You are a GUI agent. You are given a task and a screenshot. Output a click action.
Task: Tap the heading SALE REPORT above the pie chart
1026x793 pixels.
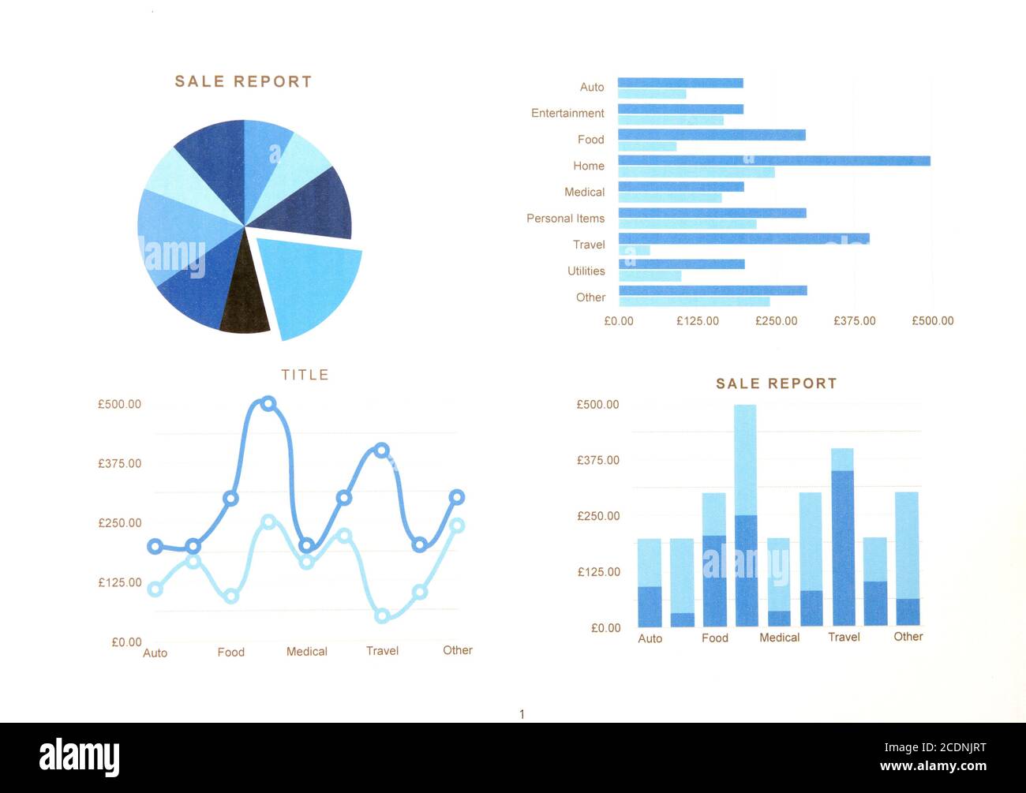(x=243, y=82)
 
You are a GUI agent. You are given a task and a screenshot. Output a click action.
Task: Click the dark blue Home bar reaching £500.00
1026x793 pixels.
(x=773, y=161)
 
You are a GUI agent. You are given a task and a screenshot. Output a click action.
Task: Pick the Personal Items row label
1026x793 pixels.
(x=565, y=219)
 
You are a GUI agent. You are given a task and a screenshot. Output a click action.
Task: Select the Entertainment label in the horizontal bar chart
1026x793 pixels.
(x=567, y=114)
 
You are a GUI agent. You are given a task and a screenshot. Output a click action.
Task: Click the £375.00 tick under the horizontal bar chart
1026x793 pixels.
(x=854, y=321)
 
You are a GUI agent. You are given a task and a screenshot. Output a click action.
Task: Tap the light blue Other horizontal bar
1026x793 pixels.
(x=694, y=301)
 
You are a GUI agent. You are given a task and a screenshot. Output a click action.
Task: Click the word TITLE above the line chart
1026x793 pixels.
(x=305, y=375)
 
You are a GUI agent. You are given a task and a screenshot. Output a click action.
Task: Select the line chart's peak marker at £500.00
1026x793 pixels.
(x=268, y=404)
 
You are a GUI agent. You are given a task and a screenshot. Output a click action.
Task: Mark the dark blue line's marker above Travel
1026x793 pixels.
(x=382, y=451)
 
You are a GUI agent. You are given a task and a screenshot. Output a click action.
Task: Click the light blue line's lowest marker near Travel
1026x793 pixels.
(x=382, y=615)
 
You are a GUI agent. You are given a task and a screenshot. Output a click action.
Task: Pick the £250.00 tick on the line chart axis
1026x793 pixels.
(x=119, y=523)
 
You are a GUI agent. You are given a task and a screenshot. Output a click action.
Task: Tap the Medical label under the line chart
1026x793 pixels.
(x=306, y=652)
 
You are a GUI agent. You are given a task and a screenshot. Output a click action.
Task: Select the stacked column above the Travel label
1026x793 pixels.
(x=842, y=537)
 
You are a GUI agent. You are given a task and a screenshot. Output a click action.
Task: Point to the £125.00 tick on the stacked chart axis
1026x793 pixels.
(x=598, y=572)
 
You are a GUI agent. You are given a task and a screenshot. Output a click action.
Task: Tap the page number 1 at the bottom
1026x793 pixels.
(x=522, y=714)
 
